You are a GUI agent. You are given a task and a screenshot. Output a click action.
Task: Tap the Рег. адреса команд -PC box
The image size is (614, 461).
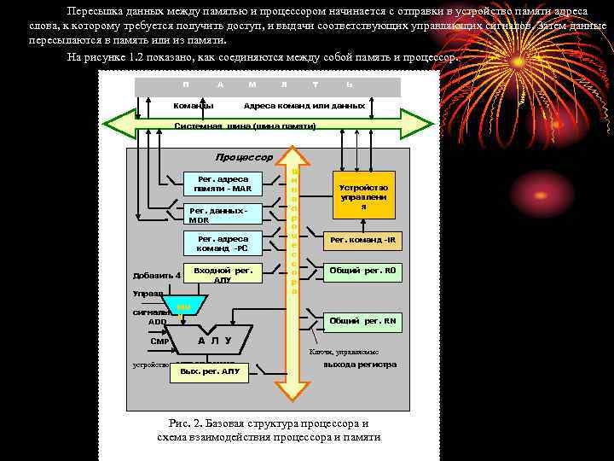[x=223, y=244]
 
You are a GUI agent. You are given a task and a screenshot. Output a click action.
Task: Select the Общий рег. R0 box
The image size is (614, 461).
[x=363, y=271]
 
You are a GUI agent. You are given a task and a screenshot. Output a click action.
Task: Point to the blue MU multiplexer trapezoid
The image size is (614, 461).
[x=184, y=306]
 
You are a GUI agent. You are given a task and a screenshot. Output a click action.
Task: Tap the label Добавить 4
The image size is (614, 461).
[x=156, y=275]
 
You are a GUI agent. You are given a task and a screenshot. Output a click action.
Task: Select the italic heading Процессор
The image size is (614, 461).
[x=244, y=157]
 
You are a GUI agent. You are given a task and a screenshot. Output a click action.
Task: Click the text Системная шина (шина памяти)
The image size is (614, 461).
[x=245, y=125]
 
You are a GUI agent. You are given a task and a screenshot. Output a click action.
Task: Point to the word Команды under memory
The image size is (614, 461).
[x=194, y=106]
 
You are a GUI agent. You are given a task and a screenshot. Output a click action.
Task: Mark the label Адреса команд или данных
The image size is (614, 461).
[x=304, y=106]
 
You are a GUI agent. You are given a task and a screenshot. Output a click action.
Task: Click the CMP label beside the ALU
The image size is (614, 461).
[x=159, y=341]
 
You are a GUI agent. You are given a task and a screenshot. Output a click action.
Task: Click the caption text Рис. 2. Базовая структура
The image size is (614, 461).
[x=268, y=423]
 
